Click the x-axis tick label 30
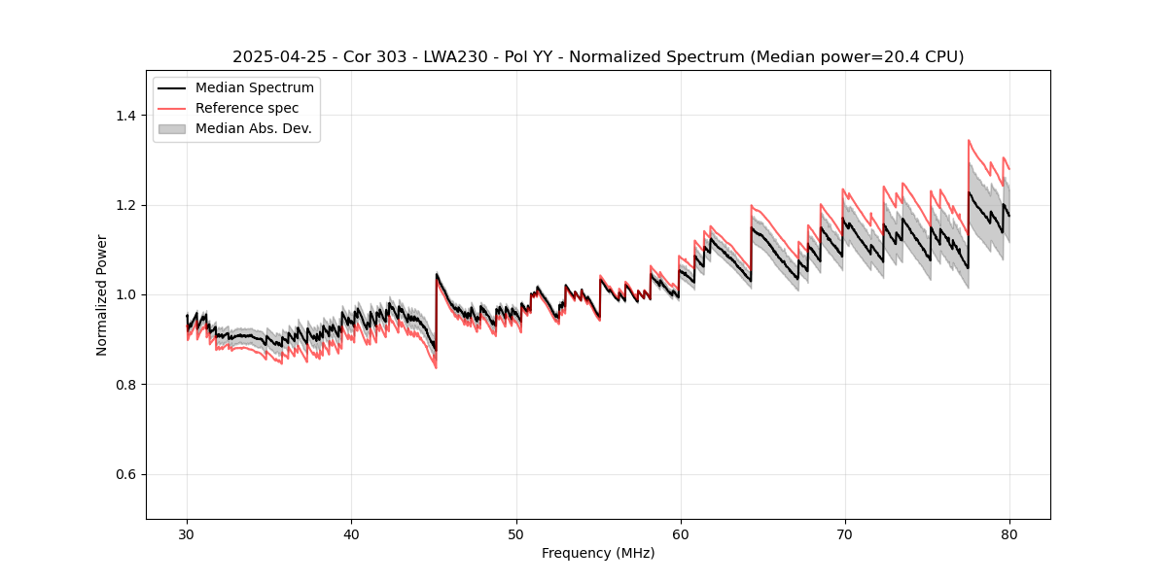tap(187, 533)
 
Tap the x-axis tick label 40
tap(351, 533)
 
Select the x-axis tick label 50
tap(515, 533)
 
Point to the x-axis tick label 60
tap(680, 533)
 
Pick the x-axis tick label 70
tap(844, 533)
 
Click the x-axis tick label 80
tap(1008, 533)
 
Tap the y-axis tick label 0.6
tap(124, 474)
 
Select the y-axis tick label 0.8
tap(124, 385)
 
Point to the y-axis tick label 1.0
tap(124, 294)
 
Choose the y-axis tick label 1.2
tap(124, 205)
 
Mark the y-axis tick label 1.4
tap(124, 116)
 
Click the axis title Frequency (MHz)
tap(598, 553)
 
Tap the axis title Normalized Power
tap(102, 294)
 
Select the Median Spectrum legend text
tap(254, 88)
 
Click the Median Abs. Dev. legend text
tap(253, 128)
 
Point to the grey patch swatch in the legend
tap(172, 128)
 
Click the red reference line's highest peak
tap(969, 140)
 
